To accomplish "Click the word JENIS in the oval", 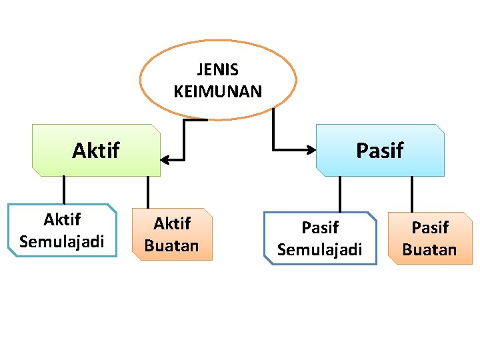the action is pos(218,69).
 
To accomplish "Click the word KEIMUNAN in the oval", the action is pos(218,91).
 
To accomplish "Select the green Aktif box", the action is pos(97,150).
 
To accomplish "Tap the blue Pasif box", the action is pos(380,150).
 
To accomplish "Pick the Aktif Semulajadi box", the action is pos(62,230).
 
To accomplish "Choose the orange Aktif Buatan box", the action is pos(172,234).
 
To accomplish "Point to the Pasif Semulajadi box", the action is pos(320,238).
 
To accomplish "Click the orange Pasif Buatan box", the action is pos(430,238).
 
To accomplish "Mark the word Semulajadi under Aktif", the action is pos(62,241).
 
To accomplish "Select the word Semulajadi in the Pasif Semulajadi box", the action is pos(320,249).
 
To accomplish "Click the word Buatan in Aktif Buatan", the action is pos(172,245).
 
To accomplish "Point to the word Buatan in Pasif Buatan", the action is pos(430,249).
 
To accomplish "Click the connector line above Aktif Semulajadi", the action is pos(64,190).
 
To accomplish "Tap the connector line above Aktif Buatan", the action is pos(148,193).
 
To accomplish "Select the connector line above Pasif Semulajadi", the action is pos(340,194).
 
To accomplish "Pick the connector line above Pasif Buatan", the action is pos(412,194).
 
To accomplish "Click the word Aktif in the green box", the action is pos(95,151).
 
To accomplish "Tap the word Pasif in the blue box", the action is pos(379,151).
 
